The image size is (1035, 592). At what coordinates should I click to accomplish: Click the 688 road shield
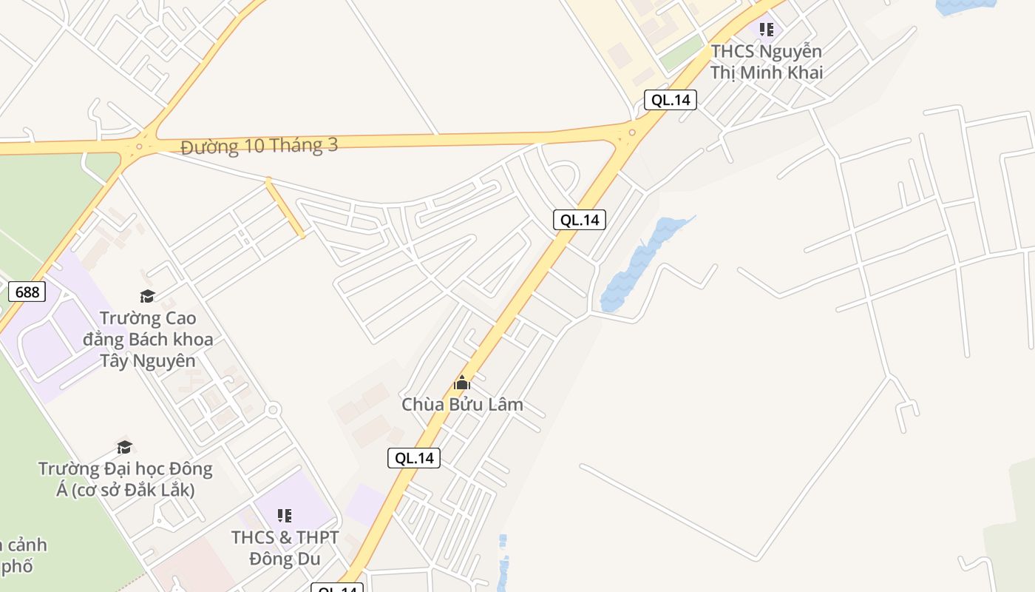pos(27,292)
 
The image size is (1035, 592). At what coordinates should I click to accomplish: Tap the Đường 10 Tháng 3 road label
pos(259,146)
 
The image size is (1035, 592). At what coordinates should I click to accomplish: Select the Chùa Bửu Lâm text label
pos(462,404)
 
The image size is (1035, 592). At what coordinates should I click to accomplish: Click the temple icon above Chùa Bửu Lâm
pos(462,383)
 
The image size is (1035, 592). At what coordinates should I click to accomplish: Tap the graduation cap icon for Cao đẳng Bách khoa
pos(147,297)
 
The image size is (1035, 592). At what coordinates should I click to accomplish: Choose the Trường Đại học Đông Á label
pos(125,479)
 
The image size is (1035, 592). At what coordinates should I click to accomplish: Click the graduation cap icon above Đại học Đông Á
pos(124,448)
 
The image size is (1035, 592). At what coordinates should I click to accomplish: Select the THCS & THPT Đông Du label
pos(285,548)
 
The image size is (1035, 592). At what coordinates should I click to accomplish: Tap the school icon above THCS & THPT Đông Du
pos(285,515)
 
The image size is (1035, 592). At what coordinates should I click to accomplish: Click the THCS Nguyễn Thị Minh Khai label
pos(767,62)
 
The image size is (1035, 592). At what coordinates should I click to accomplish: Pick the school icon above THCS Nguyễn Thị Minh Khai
pos(767,30)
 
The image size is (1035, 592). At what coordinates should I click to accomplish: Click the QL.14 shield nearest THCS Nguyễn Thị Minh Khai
pos(671,100)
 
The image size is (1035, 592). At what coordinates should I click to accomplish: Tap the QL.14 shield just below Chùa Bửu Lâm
pos(414,458)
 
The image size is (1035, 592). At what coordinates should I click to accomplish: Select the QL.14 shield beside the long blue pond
pos(580,219)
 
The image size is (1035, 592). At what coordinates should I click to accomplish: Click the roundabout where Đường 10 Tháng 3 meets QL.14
pos(632,133)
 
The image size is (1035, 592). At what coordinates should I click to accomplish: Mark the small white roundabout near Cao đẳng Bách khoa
pos(274,409)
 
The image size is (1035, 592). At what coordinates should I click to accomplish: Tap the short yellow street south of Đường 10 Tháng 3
pos(285,208)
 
